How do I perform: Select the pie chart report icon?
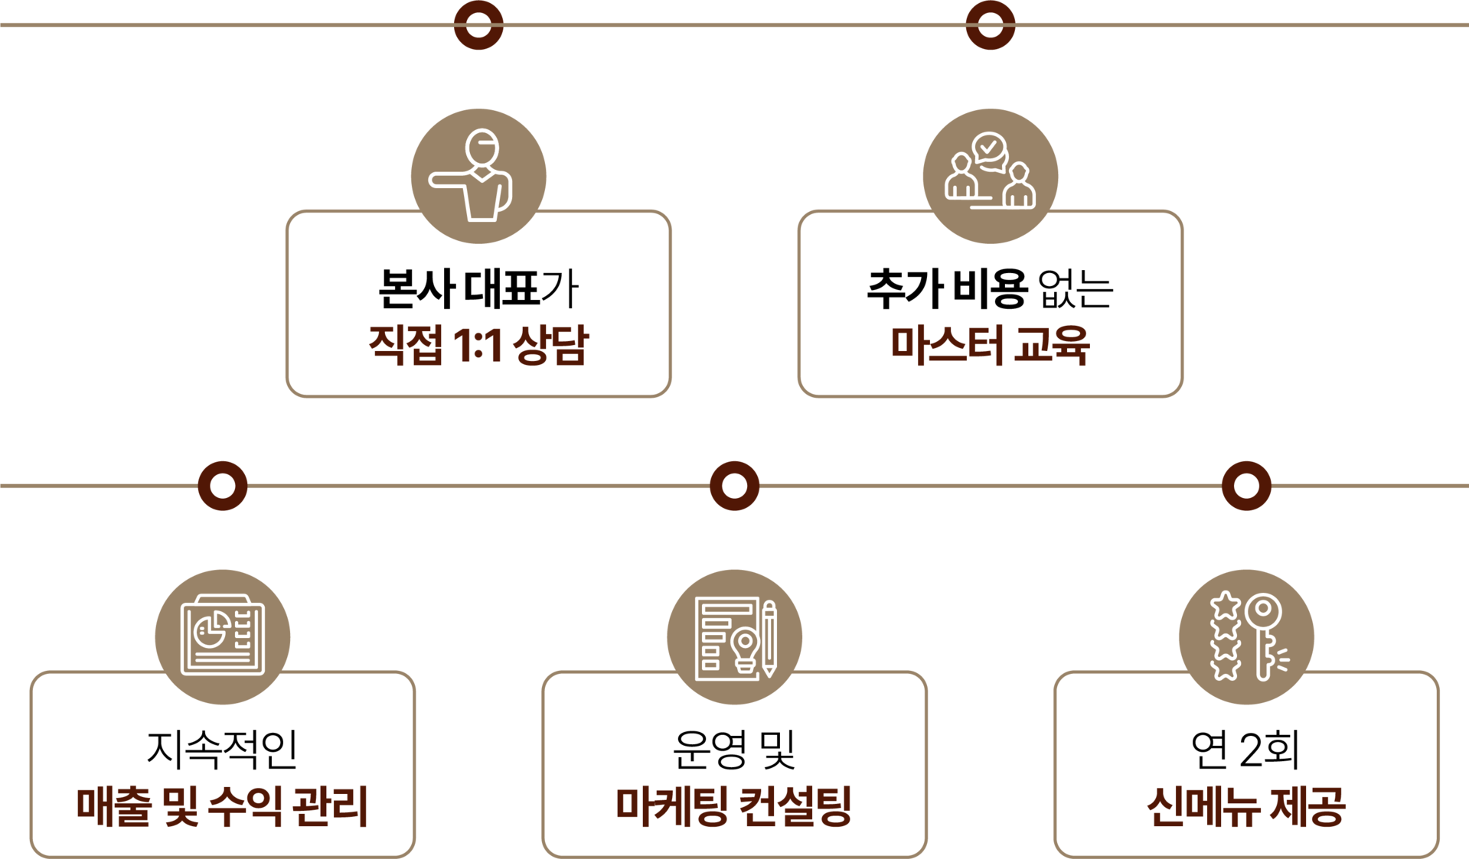tap(223, 635)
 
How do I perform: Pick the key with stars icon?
tap(1246, 636)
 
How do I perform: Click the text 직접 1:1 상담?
tap(478, 345)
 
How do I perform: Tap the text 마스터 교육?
tap(990, 345)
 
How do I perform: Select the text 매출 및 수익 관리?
tap(223, 806)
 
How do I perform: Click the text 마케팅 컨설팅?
tap(734, 806)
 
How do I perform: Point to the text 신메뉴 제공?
tap(1246, 806)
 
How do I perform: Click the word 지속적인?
tap(222, 749)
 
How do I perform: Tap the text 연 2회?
tap(1245, 749)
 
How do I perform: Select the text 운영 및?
tap(734, 749)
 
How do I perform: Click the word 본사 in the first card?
tap(416, 289)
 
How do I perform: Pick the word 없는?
tap(1075, 289)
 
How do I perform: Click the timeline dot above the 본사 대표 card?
tap(478, 25)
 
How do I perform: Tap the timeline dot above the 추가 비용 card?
tap(990, 25)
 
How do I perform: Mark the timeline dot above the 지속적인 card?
tap(223, 486)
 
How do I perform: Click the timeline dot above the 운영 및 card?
tap(734, 486)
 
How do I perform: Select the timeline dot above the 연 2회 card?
tap(1246, 486)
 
